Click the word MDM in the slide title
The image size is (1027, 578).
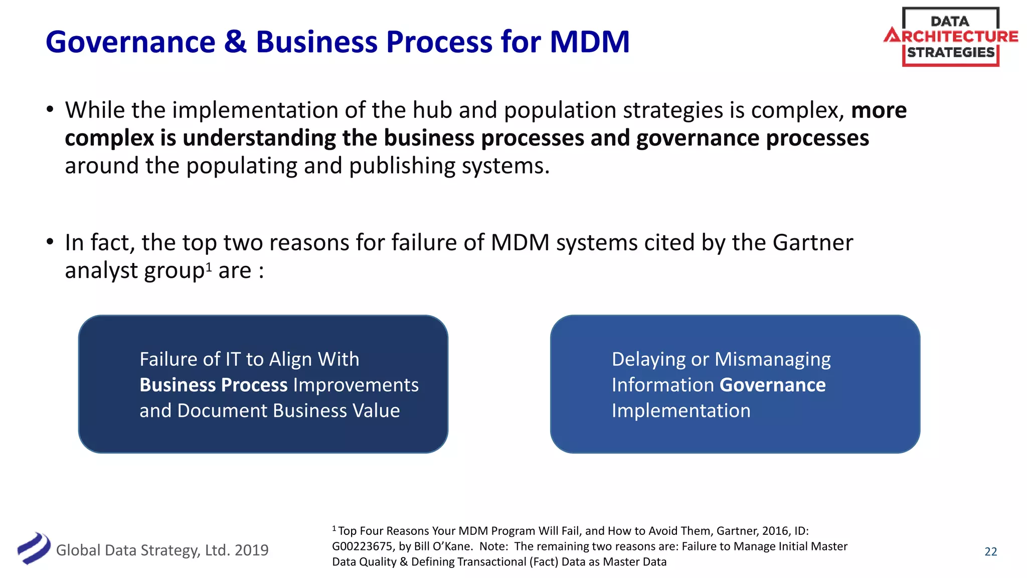pos(589,42)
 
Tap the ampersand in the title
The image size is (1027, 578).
pos(235,42)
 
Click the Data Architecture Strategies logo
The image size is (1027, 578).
pos(950,37)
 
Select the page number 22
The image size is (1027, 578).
pos(990,551)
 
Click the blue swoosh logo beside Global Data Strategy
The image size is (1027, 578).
pos(34,548)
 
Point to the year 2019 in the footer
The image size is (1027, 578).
pos(251,550)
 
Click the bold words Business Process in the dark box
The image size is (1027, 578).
pos(214,385)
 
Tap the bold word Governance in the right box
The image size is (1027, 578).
pos(772,385)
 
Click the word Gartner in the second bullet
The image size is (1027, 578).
pos(812,243)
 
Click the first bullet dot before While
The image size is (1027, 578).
pos(50,109)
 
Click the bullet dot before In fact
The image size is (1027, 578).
pos(50,242)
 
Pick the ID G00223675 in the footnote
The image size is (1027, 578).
pos(363,546)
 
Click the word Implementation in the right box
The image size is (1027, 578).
pos(680,411)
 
